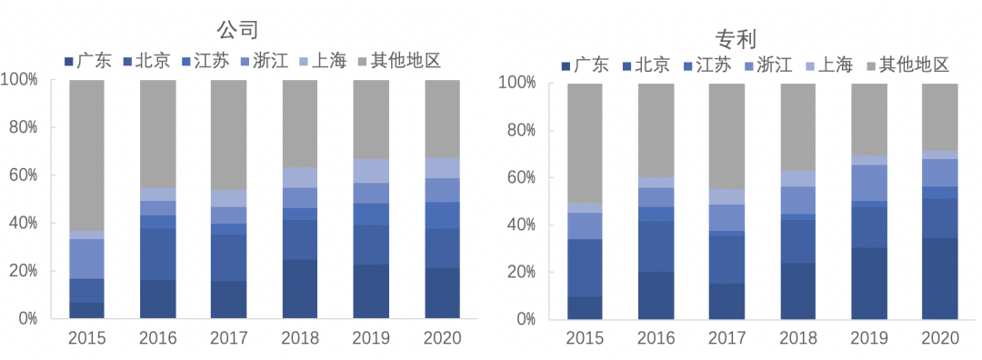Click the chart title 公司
(244, 28)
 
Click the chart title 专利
(736, 38)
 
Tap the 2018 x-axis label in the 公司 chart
(300, 338)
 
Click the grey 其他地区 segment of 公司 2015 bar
(86, 155)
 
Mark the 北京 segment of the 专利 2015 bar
(585, 268)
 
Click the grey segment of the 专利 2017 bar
(727, 136)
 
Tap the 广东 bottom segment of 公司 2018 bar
(300, 289)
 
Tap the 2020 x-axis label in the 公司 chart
(442, 338)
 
